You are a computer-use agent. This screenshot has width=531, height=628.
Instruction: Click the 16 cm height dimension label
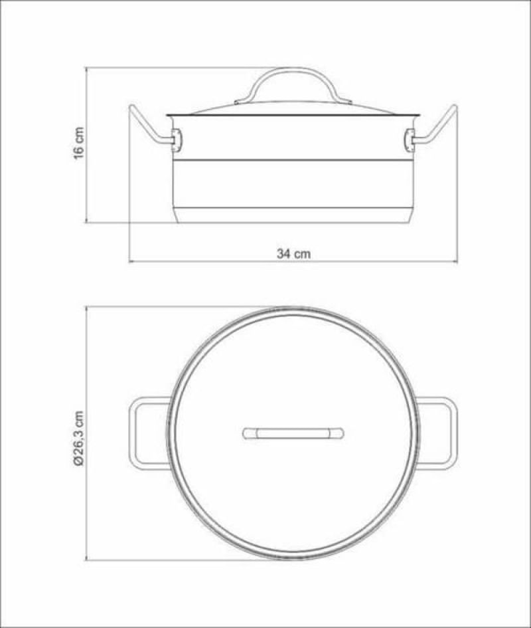coord(79,144)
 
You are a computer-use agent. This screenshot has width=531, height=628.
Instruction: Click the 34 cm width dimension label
coord(294,253)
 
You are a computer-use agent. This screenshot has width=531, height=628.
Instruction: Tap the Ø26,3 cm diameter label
coord(79,438)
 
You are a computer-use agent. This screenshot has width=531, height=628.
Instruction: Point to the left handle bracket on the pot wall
coord(177,140)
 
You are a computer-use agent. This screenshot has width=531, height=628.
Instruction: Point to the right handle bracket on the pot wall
coord(410,140)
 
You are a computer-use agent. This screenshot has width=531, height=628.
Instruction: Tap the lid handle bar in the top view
coord(293,433)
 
